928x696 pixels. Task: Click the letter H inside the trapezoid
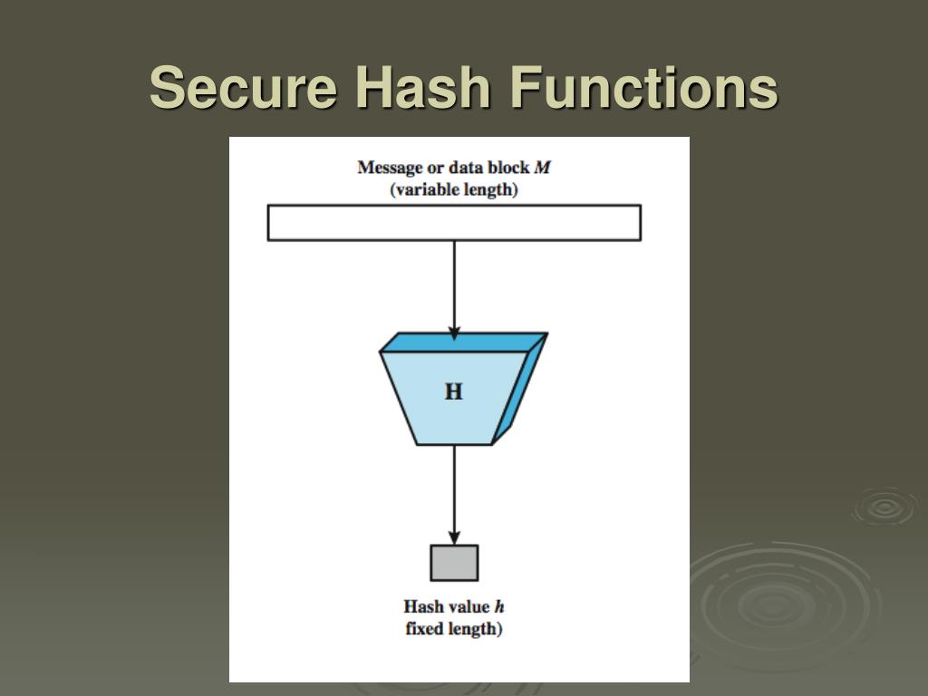point(453,391)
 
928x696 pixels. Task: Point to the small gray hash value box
point(454,563)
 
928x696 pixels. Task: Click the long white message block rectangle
point(454,223)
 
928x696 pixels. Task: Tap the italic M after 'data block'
point(542,168)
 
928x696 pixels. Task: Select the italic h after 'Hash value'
point(498,606)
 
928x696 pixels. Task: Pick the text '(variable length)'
point(454,190)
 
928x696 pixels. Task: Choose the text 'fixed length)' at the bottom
point(454,628)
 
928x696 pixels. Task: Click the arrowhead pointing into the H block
point(454,333)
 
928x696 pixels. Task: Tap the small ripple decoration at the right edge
point(884,507)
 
